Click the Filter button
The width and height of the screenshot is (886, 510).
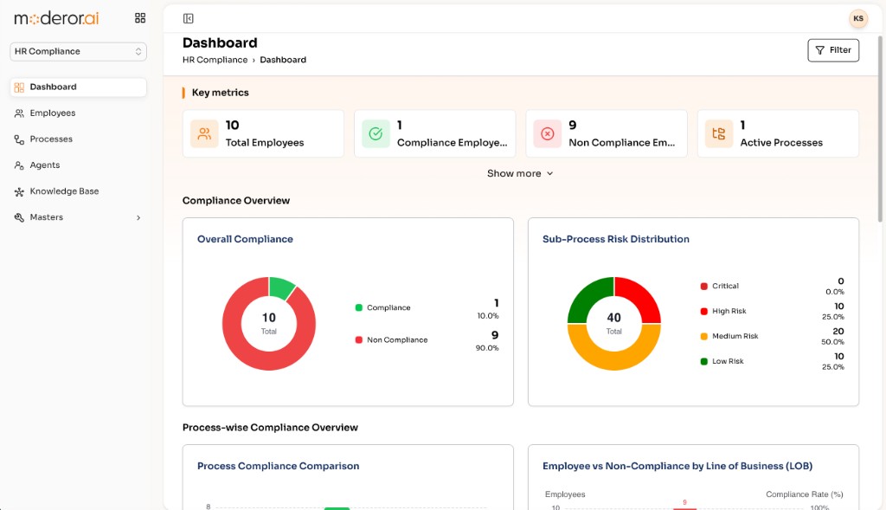[x=833, y=50]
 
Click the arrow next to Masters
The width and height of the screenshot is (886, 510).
[x=138, y=217]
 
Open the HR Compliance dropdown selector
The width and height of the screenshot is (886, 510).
[x=78, y=51]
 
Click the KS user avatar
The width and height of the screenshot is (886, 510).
[x=857, y=19]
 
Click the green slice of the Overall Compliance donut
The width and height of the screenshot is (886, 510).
[x=281, y=287]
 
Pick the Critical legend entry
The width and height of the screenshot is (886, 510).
[x=719, y=286]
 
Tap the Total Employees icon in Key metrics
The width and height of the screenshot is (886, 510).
[x=204, y=134]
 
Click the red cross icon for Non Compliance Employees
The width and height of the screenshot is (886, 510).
[x=547, y=134]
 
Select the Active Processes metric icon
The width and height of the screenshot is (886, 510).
[x=719, y=134]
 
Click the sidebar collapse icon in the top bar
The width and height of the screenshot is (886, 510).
[x=188, y=19]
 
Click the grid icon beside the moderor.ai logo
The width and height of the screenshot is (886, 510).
[x=140, y=18]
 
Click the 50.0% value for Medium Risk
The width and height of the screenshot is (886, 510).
[x=832, y=342]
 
